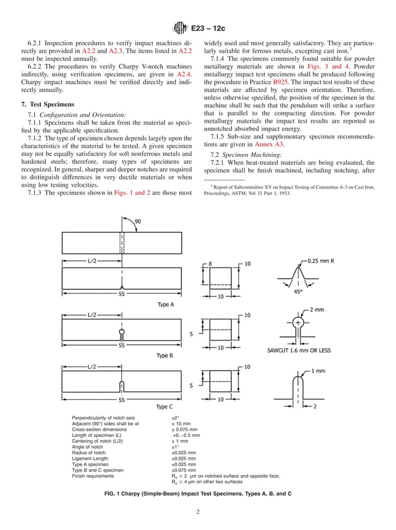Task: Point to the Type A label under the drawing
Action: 165,305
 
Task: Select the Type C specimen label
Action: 164,406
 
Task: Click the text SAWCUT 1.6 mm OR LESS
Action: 299,350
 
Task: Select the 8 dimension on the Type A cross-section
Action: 210,264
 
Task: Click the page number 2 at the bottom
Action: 197,512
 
